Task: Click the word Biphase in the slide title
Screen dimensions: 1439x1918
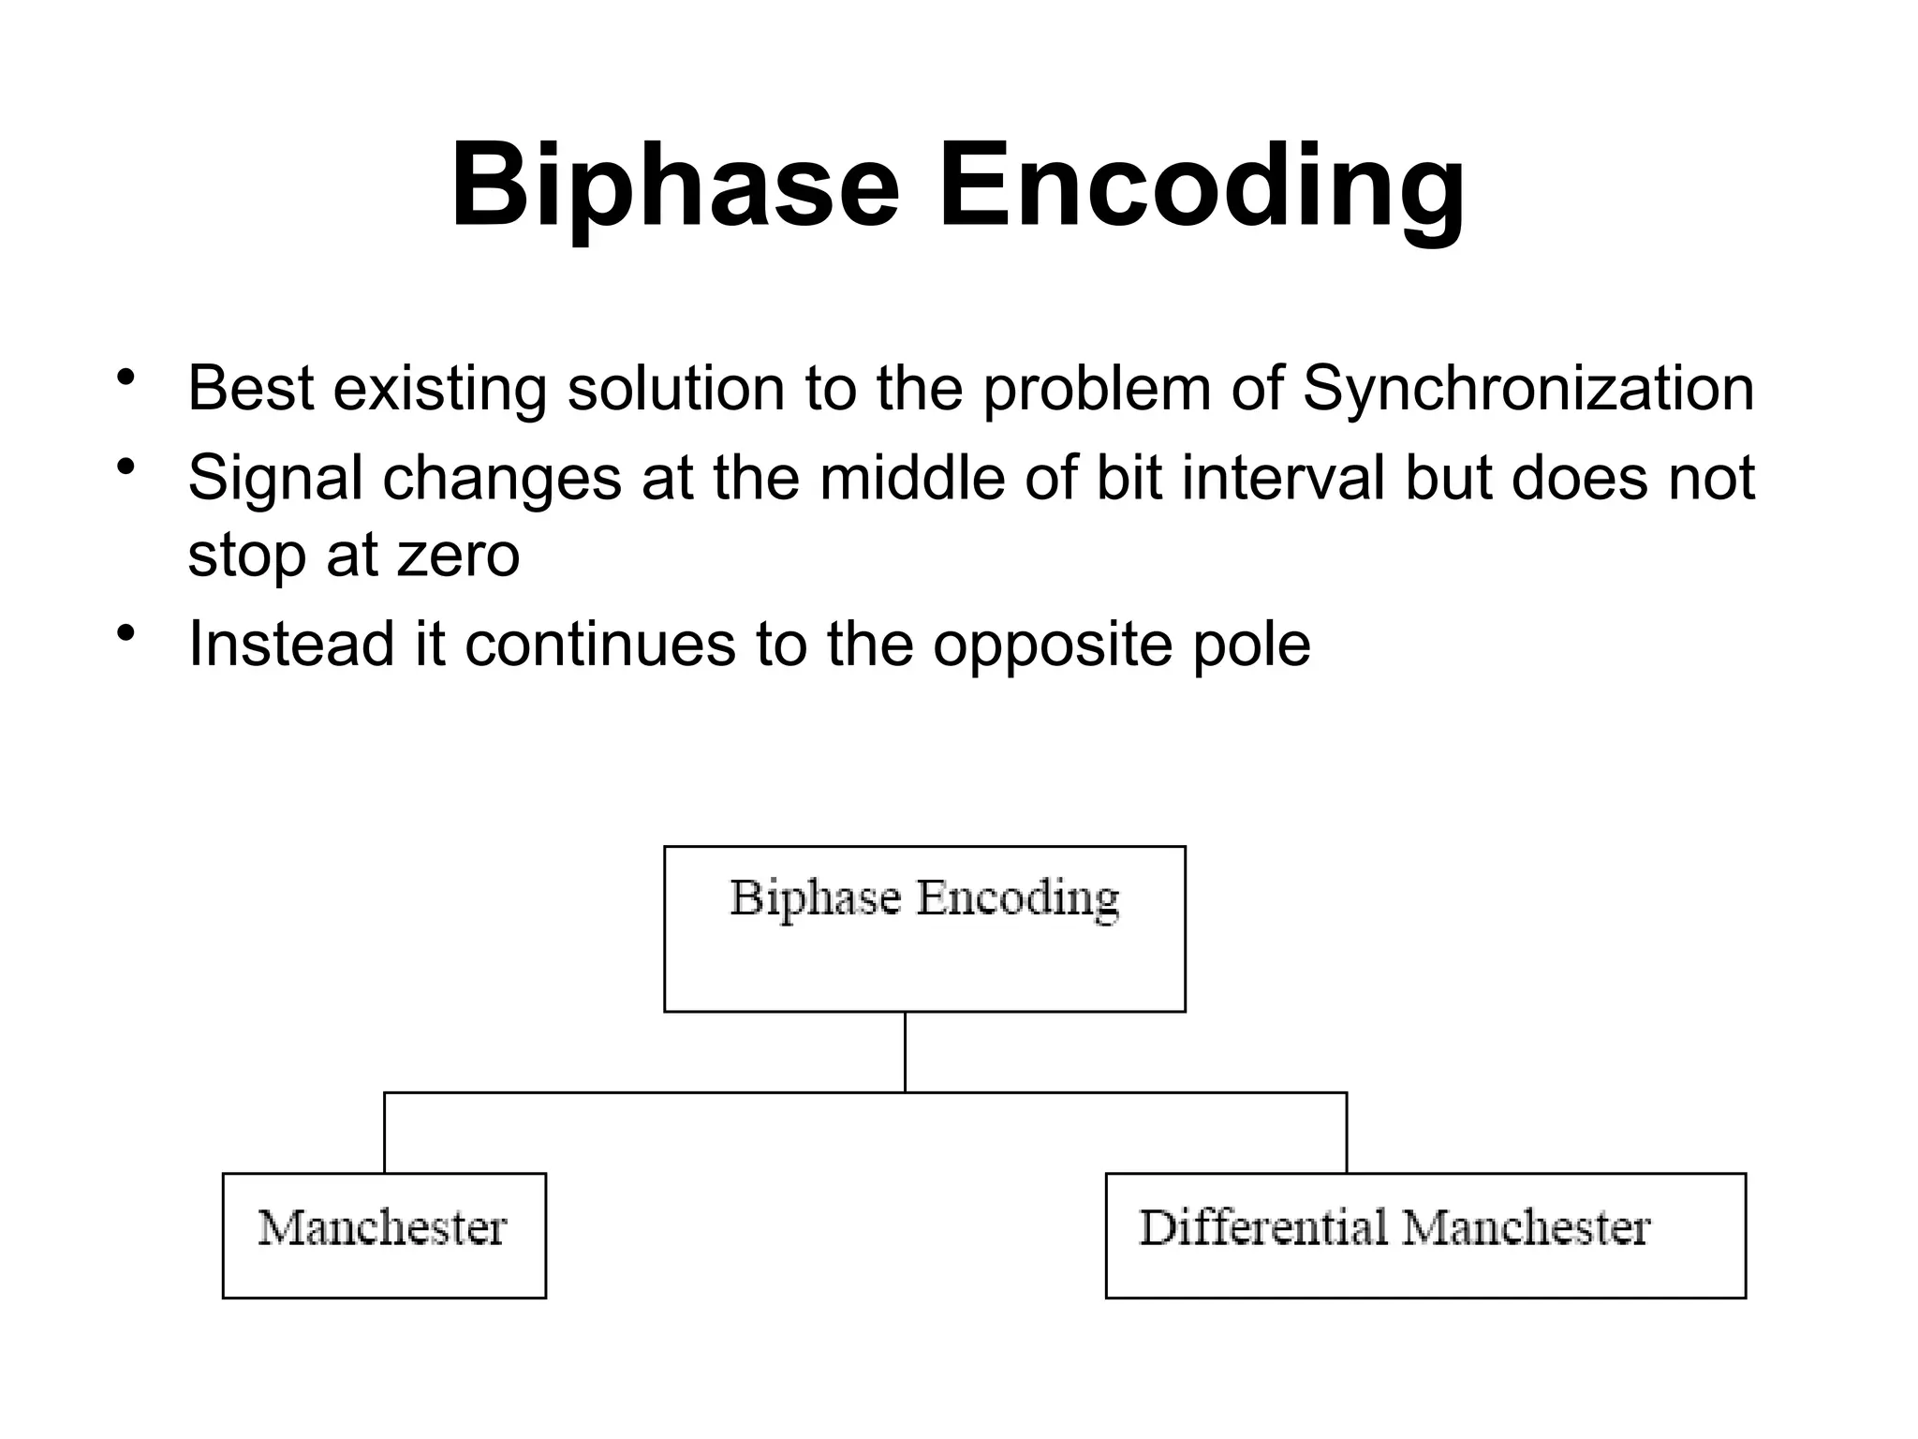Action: coord(674,185)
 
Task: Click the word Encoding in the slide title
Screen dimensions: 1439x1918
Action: coord(1201,185)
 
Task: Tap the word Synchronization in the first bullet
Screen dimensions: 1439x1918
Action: coord(1528,389)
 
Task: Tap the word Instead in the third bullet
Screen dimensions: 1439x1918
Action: coord(291,644)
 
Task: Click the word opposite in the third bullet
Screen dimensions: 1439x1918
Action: coord(1052,645)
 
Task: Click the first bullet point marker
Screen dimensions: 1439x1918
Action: coord(126,378)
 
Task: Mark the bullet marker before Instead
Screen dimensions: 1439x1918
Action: coord(126,634)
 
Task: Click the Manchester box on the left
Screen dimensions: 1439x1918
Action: coord(384,1235)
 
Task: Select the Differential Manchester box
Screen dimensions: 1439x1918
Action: coord(1424,1235)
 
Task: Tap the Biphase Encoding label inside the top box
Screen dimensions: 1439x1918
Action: coord(923,898)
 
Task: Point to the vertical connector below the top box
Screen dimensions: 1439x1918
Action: coord(905,1051)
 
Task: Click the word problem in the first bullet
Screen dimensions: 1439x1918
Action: coord(1097,389)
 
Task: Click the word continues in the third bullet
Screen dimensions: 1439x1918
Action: coord(599,645)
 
